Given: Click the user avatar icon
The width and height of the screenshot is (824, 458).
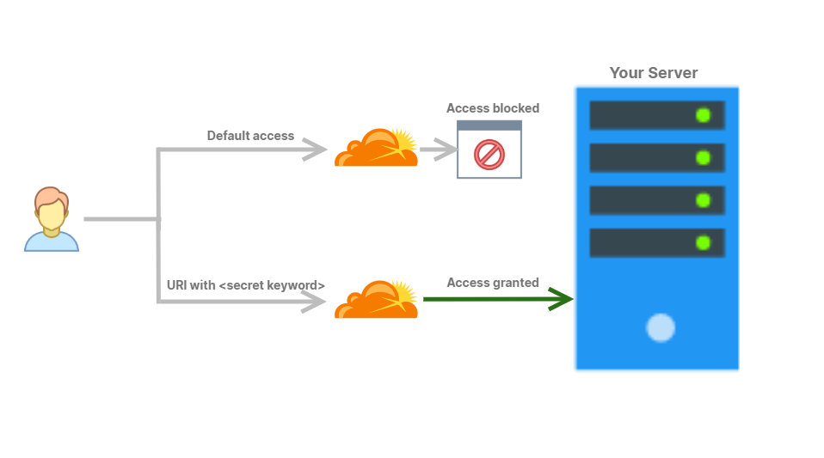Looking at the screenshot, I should tap(52, 219).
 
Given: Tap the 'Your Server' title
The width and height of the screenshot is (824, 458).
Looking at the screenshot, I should tap(654, 73).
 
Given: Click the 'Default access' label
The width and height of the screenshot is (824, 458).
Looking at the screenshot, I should tap(250, 136).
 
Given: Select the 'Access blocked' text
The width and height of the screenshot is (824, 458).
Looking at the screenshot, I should tap(493, 108).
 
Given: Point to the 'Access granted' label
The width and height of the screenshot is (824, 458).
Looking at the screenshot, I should tap(493, 283).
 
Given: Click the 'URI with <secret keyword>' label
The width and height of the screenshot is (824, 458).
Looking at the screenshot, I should tap(246, 285).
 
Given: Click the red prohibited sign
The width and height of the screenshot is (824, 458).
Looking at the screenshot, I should tap(489, 155).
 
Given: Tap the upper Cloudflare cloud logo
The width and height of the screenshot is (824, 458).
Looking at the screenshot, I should tap(377, 148).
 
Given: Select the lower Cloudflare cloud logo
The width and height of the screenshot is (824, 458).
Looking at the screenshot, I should tap(377, 300).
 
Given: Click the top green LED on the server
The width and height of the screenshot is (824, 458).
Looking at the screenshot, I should tap(703, 115).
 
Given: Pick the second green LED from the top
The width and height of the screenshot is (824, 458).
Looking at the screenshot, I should tap(703, 157).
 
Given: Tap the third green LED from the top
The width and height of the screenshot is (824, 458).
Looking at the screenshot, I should tap(703, 200).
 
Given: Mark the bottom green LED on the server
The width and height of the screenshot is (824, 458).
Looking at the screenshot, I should tap(703, 242).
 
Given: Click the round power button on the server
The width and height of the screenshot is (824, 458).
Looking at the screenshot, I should tap(661, 327).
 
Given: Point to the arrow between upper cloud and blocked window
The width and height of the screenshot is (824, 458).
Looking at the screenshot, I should tap(438, 150).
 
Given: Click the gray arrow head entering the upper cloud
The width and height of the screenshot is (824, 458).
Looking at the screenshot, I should tap(315, 150).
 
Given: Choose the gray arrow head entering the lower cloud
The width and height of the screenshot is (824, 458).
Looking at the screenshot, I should tap(315, 302).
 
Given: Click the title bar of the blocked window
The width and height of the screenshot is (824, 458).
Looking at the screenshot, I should tap(489, 125).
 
